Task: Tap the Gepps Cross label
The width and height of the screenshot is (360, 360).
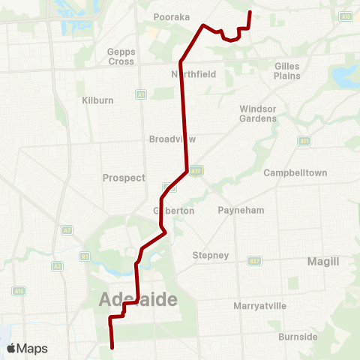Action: [x=120, y=57]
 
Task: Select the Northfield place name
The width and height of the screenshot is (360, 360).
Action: [x=193, y=74]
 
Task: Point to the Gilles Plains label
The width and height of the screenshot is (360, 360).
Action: [x=287, y=70]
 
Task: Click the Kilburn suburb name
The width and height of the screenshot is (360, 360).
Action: [x=97, y=100]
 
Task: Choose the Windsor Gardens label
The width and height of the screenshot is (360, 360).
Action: [x=258, y=113]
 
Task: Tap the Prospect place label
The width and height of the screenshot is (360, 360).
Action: [x=123, y=178]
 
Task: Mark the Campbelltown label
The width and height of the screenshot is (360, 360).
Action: [x=295, y=172]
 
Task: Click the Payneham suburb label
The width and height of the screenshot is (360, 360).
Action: [x=241, y=210]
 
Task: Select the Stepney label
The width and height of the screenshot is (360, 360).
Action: [x=211, y=255]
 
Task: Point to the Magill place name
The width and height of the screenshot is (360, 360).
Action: [x=323, y=261]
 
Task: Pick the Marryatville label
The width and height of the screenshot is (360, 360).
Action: [x=260, y=306]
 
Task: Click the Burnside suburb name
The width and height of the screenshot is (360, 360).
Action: [x=298, y=337]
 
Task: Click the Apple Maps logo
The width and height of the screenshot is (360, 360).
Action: [x=27, y=348]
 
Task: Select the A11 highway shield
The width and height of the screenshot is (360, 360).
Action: [x=304, y=140]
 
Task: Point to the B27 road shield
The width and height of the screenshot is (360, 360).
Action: [x=255, y=260]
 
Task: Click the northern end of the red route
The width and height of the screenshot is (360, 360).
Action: [x=249, y=12]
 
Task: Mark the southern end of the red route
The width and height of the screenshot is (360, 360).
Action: [x=112, y=348]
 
